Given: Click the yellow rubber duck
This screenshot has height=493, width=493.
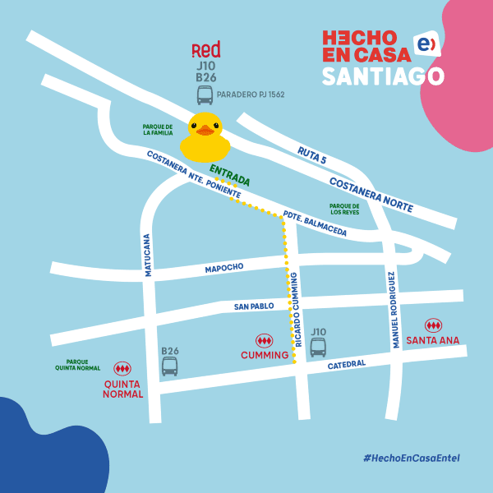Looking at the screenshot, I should tap(205, 138).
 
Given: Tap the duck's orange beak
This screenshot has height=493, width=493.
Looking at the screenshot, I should tap(205, 130).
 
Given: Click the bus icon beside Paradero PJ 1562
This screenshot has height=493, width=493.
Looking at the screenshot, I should tap(205, 95).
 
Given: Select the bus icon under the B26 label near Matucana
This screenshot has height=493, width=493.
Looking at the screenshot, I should tap(169, 366).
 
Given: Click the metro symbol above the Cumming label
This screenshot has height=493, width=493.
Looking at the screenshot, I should tap(264, 340).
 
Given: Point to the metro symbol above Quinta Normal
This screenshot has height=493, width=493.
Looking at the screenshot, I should tap(122, 369).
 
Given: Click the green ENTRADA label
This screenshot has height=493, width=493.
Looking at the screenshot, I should tap(229, 175).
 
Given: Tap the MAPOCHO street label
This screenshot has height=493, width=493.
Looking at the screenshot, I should tap(225, 269).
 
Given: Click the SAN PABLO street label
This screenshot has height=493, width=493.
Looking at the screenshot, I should tap(253, 306).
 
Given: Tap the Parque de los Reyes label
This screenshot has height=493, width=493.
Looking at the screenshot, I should tap(344, 209).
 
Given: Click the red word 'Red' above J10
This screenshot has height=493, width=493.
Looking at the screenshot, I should tap(205, 50).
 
